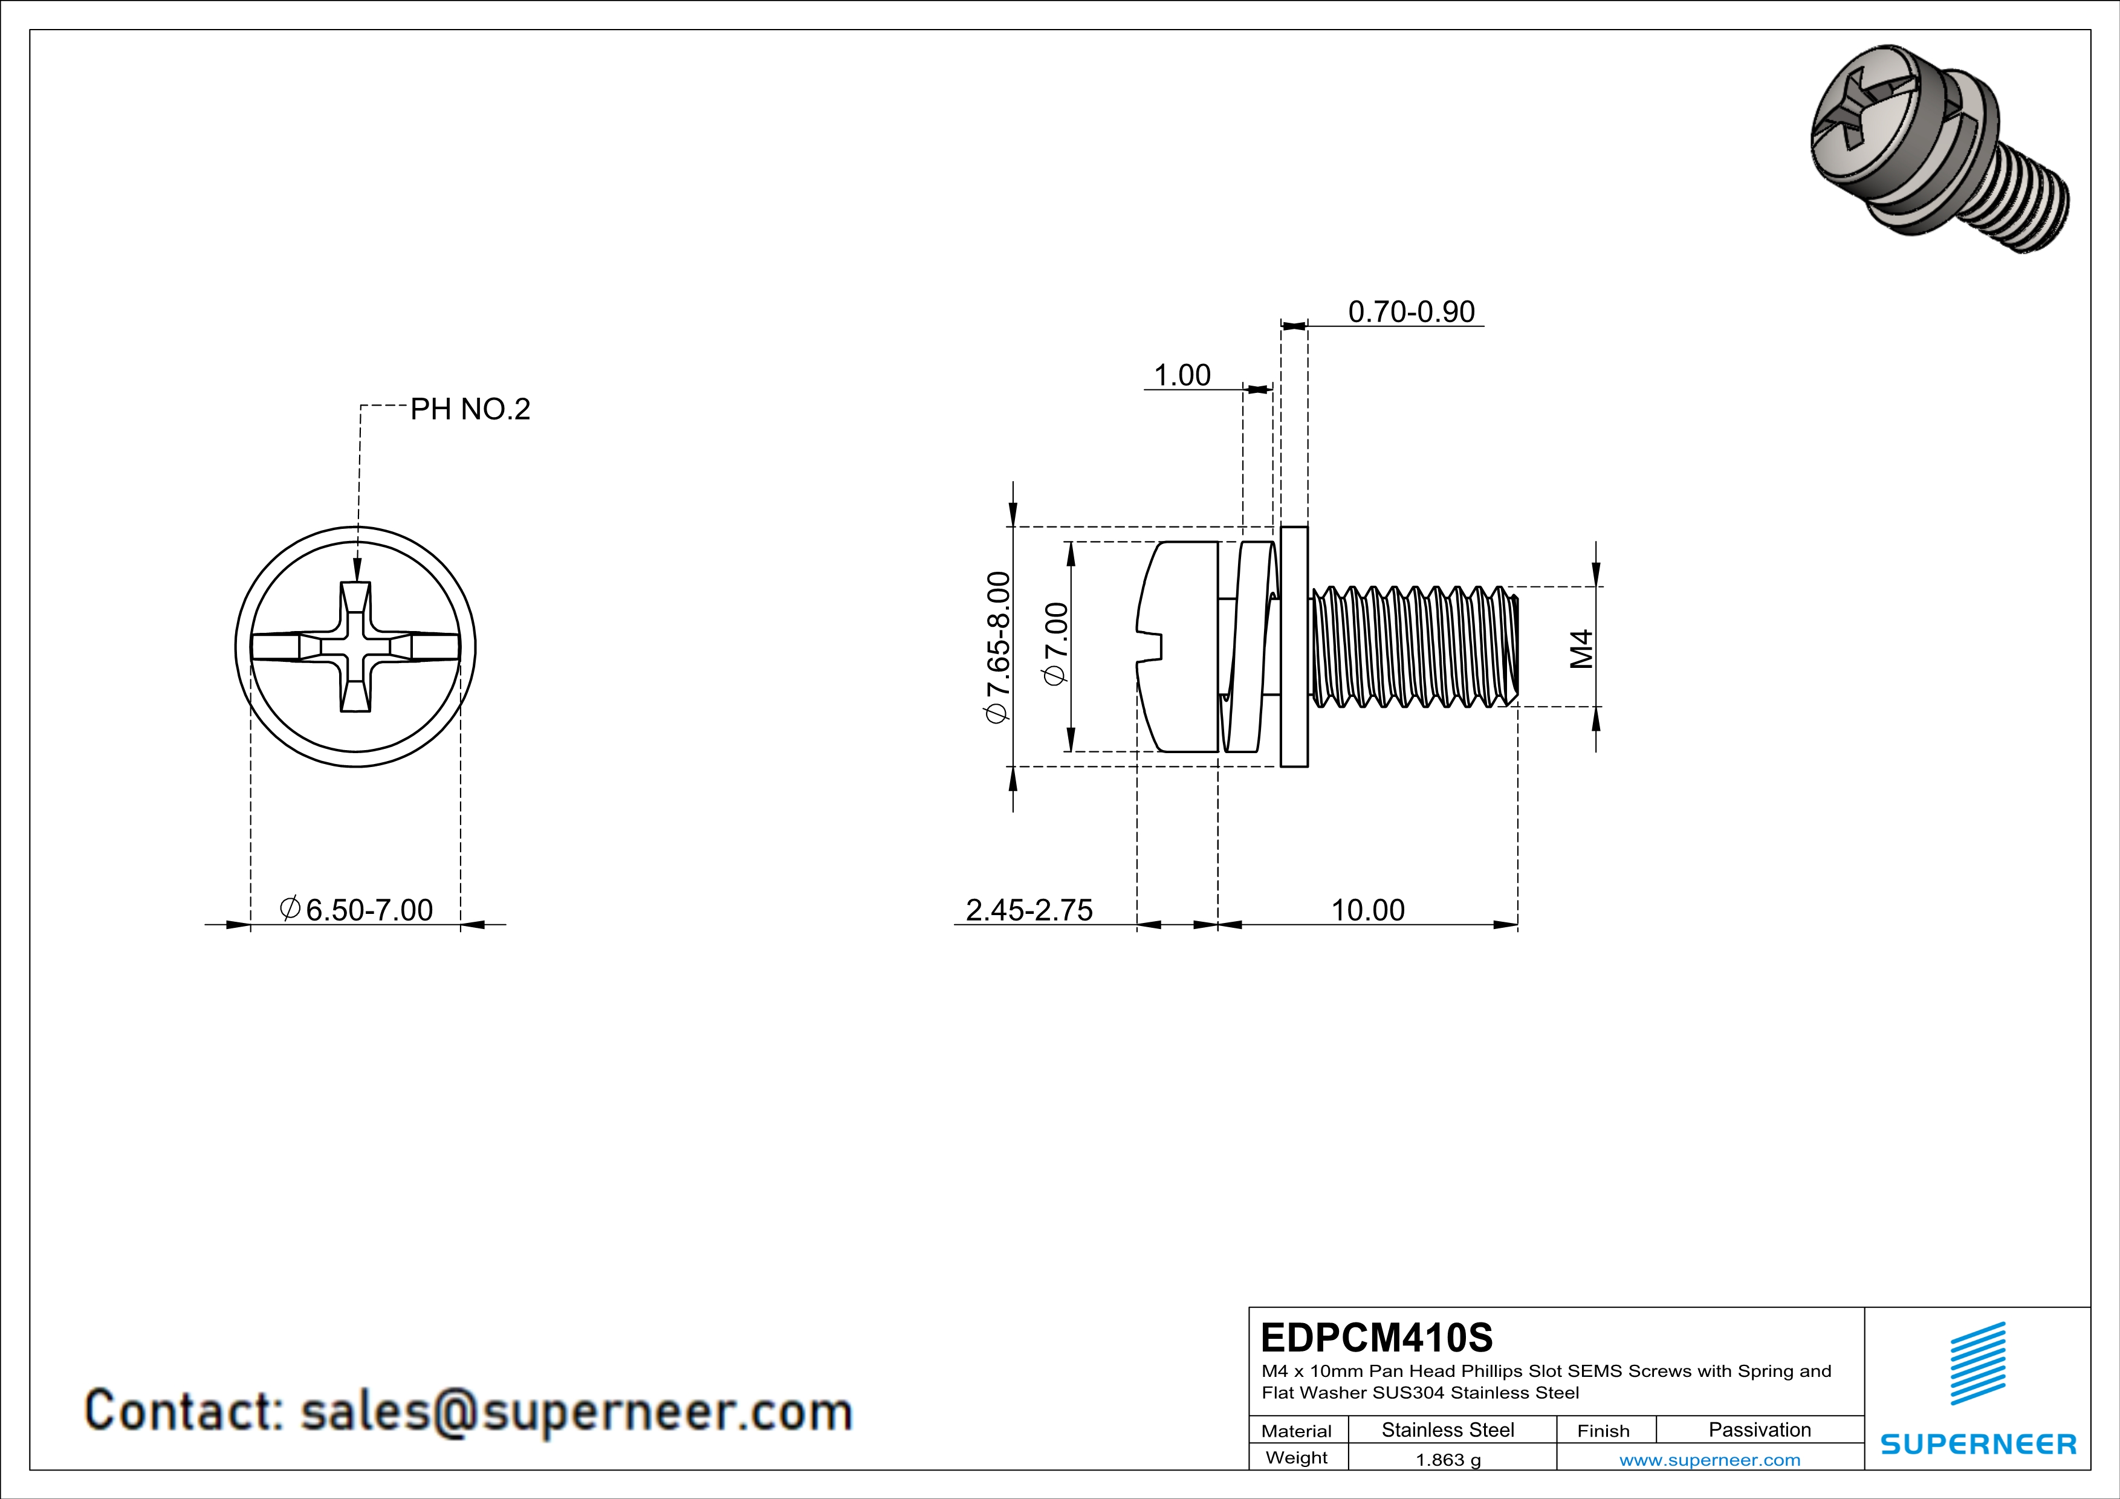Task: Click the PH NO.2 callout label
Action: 470,409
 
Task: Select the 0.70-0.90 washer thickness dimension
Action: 1411,312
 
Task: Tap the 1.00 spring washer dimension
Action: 1182,376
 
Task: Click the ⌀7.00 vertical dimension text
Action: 1055,643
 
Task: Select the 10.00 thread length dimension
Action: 1367,910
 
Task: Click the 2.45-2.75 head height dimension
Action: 1029,910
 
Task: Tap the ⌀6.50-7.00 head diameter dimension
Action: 357,910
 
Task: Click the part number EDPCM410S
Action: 1376,1338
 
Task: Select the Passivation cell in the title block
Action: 1759,1429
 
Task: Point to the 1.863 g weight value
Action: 1448,1459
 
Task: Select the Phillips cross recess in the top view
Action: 355,646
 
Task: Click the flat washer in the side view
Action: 1294,646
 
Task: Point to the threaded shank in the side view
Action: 1413,646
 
